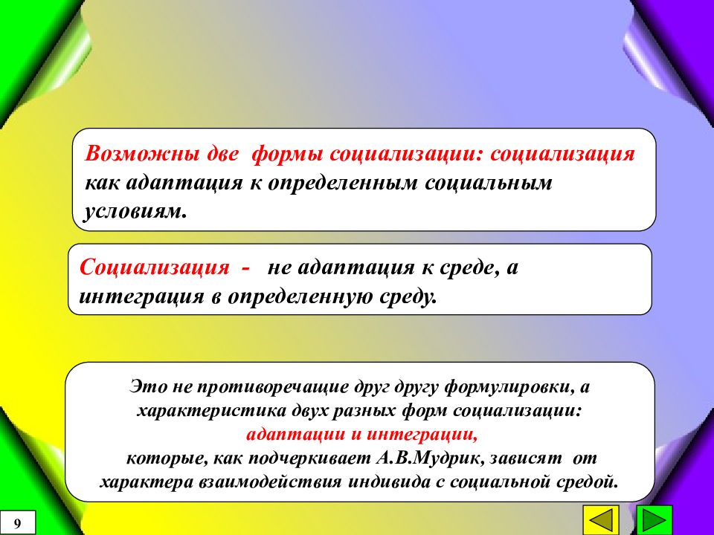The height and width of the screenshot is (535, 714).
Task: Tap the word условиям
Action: point(134,211)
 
